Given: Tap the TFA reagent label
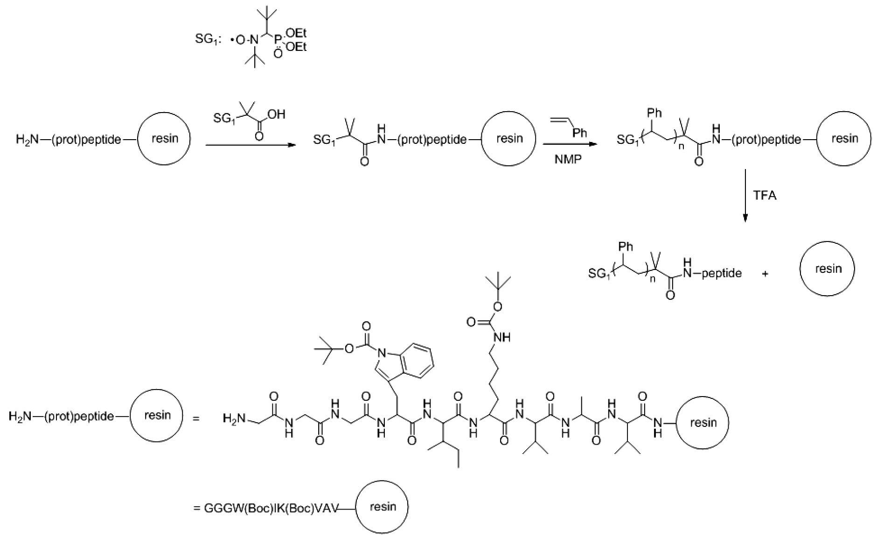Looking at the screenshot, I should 765,195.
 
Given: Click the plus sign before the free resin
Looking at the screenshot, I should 765,274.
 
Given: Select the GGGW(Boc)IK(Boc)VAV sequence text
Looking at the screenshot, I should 271,508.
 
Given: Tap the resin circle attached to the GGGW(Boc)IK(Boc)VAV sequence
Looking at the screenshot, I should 382,507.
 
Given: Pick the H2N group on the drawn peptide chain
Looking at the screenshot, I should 233,419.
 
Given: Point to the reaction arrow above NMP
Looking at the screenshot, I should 570,145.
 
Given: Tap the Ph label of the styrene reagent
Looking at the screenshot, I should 580,133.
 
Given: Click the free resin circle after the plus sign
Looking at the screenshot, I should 828,269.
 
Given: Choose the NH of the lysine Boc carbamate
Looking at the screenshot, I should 501,337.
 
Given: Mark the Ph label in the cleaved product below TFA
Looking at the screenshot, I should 626,246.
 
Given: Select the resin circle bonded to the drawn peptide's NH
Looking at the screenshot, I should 703,423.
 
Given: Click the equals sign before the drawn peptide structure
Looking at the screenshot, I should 195,419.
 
